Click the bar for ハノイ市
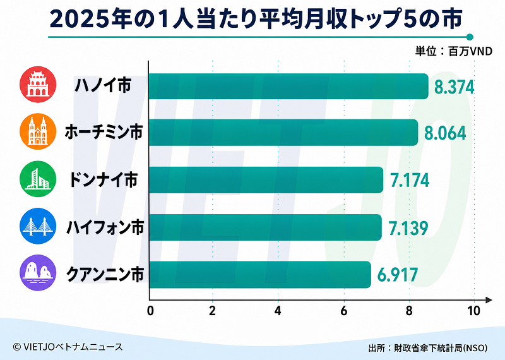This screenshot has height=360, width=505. pos(288,86)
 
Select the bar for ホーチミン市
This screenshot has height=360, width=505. pos(283,133)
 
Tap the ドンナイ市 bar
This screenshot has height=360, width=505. pos(266,180)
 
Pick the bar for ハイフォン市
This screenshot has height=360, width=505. pos(265,227)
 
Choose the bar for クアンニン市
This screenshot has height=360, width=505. pos(260,275)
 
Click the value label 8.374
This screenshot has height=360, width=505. pos(454,87)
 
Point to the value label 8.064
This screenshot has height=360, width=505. pos(445,133)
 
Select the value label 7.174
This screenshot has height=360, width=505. pos(410,180)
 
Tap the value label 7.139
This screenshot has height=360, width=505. pos(408,228)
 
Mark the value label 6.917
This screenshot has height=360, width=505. pos(398,275)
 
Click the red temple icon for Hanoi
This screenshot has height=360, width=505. pos(38,85)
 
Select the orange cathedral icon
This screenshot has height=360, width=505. pos(38,131)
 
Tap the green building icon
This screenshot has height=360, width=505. pos(38,179)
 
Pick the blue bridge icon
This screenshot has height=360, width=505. pos(38,226)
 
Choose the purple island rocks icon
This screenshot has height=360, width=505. pos(38,273)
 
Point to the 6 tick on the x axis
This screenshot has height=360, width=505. pos(343,311)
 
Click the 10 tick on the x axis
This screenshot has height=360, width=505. pos(474,311)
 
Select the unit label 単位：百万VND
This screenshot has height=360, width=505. pos(453,51)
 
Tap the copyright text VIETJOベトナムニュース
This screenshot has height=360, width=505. pos(68,347)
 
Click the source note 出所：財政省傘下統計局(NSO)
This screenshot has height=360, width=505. pos(428,348)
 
